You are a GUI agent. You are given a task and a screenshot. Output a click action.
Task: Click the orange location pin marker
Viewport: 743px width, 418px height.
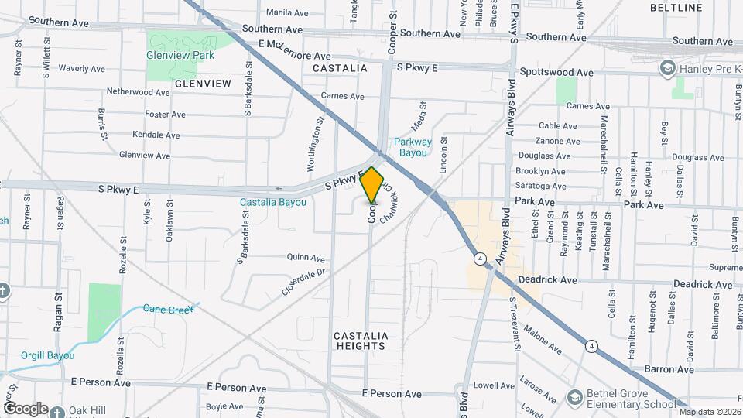pos(372,185)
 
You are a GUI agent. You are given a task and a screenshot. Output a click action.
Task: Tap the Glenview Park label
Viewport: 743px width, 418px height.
pos(181,55)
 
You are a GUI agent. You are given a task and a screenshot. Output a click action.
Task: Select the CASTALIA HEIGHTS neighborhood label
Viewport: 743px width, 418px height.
pos(361,341)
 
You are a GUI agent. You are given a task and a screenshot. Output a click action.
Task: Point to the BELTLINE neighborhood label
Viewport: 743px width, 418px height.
pos(675,8)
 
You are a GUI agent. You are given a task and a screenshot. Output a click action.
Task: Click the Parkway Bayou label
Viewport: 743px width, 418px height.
pos(412,147)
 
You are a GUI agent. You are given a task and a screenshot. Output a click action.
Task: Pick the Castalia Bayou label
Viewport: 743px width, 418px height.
pos(273,203)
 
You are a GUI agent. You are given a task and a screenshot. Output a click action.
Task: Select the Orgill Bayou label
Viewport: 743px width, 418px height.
pos(49,355)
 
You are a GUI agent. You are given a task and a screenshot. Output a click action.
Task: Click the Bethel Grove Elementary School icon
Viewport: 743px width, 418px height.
pos(575,398)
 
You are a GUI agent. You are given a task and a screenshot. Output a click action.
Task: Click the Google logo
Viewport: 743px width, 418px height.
pos(25,408)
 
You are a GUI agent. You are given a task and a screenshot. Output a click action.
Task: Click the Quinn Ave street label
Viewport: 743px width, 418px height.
pos(306,258)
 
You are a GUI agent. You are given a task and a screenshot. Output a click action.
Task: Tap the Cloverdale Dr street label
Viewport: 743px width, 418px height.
pos(306,283)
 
